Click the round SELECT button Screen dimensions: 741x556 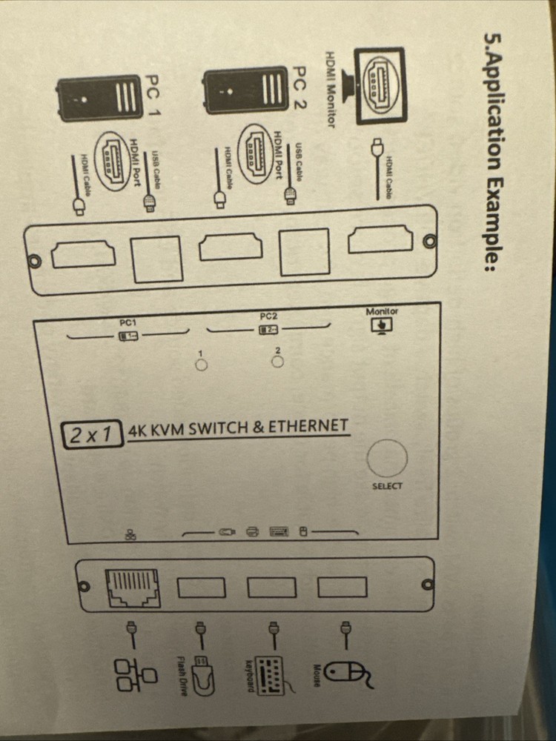(x=387, y=457)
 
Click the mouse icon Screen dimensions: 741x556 (x=346, y=674)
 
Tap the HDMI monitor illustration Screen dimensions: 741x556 (x=380, y=86)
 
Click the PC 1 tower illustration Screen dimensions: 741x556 (x=101, y=96)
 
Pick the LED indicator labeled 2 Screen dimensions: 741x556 (x=277, y=362)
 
